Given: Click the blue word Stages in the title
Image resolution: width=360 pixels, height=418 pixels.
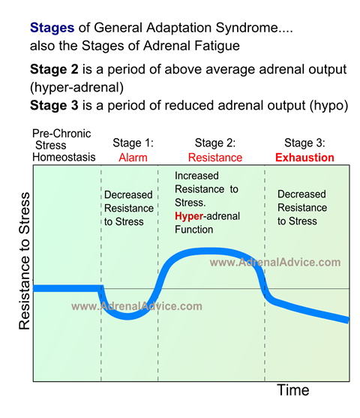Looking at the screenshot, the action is coord(52,28).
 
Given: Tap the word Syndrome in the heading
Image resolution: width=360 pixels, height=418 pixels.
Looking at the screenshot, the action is coord(247,28).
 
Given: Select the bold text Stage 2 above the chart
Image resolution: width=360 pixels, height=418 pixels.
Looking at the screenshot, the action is coord(54,69).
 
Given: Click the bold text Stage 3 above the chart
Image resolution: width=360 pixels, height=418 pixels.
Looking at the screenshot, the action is coord(54,105).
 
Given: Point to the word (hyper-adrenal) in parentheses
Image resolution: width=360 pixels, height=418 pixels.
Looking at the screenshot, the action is coord(76,88).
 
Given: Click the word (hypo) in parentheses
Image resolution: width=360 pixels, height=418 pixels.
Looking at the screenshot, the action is coord(328,106).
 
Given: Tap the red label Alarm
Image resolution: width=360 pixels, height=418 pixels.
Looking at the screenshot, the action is coord(133,158).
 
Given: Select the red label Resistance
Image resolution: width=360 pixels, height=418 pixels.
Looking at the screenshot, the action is coord(215,158).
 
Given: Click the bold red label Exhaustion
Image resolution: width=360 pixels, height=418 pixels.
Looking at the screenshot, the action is coord(304,158).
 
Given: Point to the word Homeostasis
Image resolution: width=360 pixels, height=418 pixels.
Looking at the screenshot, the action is coord(64,157).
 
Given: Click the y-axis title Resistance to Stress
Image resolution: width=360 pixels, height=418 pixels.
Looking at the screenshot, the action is coord(24,260).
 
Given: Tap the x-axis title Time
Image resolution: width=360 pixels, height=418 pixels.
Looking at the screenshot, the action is coord(293,390).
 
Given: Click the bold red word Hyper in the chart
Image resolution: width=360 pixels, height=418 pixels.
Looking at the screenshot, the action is coord(189,216).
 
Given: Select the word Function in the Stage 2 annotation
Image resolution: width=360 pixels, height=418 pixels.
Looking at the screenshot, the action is coord(193,229).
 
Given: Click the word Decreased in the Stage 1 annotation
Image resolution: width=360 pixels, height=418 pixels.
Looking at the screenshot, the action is coord(128,194).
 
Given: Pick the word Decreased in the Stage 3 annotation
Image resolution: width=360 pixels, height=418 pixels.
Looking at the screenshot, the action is coord(301,194).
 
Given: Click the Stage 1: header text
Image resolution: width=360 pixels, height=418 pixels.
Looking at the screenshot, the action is coord(133,143).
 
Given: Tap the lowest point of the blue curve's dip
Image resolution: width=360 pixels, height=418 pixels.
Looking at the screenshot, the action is coord(128,317).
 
